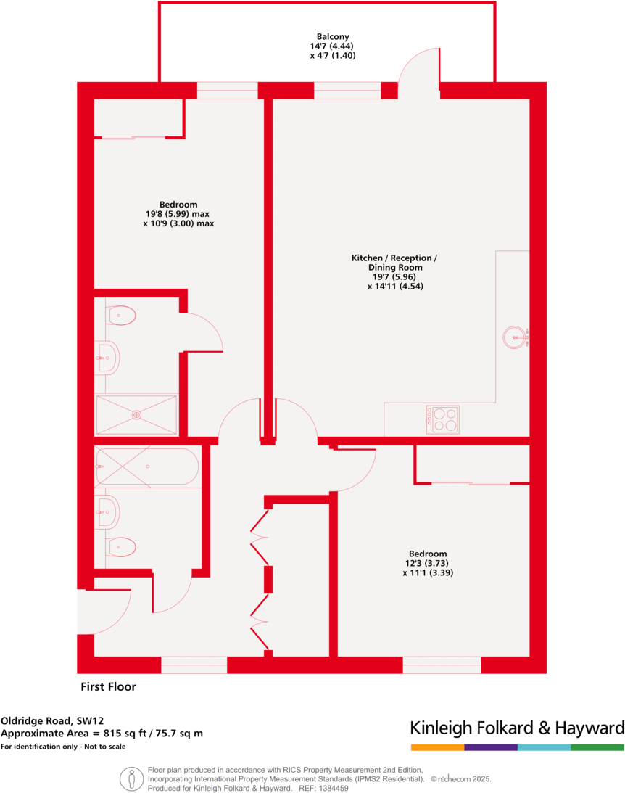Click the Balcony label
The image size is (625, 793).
pos(332,36)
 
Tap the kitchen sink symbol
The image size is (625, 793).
pos(515,335)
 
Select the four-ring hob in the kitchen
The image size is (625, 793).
pos(442,419)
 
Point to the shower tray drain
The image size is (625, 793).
pos(136,415)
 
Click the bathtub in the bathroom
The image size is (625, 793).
pos(146,467)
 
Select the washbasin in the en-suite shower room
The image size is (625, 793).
pos(108,357)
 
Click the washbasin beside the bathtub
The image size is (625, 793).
pos(108,512)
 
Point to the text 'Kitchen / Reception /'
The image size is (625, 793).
pos(394,258)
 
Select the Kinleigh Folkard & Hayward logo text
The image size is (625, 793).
pos(516,728)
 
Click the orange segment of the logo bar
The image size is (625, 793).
pos(437,747)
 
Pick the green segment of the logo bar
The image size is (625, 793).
pos(597,747)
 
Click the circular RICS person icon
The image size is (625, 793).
pos(131,778)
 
